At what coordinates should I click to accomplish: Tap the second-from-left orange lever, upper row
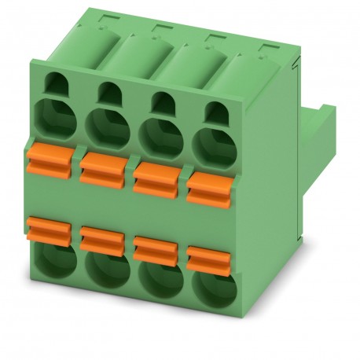tap(105, 162)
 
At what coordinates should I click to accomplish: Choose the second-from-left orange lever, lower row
tap(102, 237)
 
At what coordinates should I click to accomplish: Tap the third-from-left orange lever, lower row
tap(156, 248)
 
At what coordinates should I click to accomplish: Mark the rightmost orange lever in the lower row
tap(208, 257)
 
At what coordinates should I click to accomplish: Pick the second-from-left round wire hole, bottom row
tap(105, 274)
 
